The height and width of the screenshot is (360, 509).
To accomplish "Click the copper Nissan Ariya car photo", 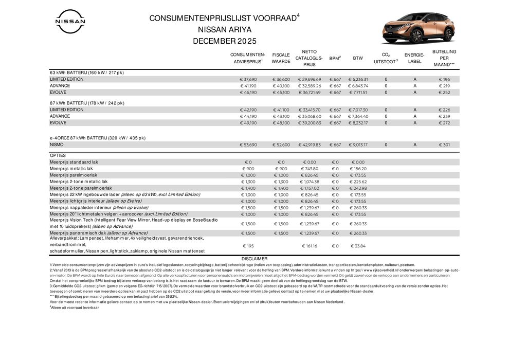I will tap(418, 28).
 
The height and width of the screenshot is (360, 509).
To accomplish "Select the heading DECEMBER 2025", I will tap(224, 41).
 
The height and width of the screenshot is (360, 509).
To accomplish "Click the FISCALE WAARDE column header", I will tap(281, 58).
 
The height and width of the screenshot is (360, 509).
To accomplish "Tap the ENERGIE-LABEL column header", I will tap(414, 58).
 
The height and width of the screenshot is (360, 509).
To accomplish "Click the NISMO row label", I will tap(57, 145).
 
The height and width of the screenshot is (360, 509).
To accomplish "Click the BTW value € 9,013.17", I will tap(357, 145).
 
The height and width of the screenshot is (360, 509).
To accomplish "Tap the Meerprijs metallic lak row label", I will tap(71, 168).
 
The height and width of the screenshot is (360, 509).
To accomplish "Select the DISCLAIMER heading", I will tap(254, 258).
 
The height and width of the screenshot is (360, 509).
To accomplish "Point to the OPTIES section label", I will tap(58, 155).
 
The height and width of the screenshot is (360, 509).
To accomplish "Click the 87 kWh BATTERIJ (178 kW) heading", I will tap(87, 103).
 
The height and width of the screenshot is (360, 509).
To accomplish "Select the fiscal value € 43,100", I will tap(281, 116).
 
